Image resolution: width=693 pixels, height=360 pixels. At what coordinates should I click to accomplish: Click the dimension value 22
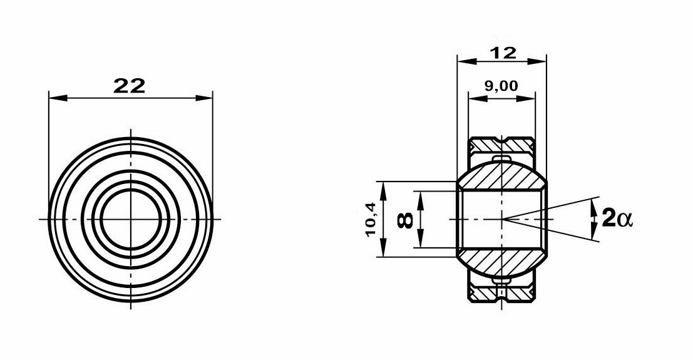[x=129, y=85]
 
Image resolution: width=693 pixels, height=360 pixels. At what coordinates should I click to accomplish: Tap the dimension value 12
[x=503, y=53]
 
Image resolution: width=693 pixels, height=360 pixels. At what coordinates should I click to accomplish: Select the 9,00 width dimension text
[x=501, y=85]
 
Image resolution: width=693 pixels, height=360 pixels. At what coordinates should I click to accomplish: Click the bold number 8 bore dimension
[x=406, y=220]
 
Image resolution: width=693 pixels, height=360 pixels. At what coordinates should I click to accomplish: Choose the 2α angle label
[x=617, y=219]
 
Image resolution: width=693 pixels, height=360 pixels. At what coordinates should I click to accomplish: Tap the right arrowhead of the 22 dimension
[x=203, y=98]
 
